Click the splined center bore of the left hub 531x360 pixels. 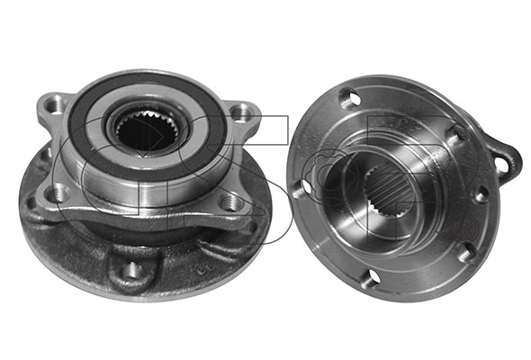[148, 131]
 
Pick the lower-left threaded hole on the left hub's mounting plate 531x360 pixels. [58, 193]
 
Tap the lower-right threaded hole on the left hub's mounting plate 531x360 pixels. [230, 203]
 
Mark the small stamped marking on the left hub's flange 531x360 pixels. [203, 269]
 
